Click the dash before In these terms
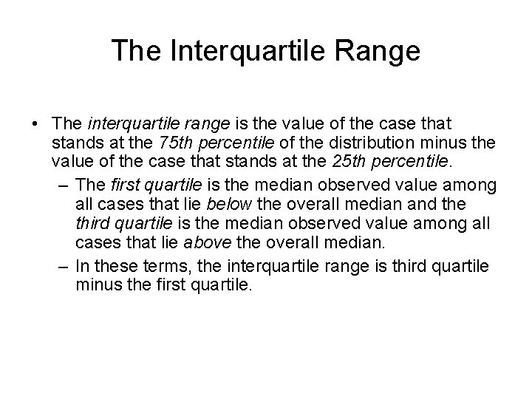(x=61, y=264)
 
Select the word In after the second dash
(x=82, y=264)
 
